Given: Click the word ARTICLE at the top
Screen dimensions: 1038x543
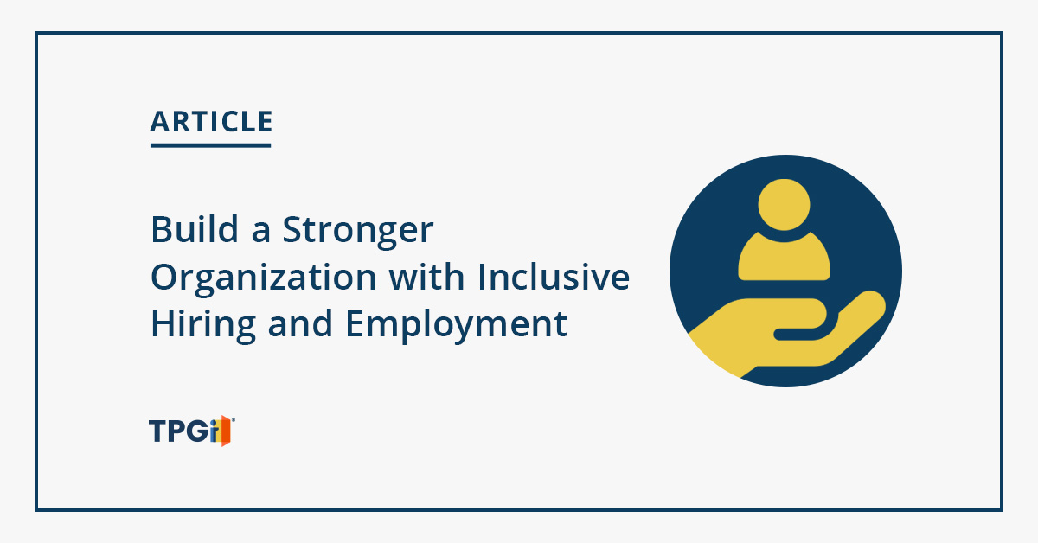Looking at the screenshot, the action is point(211,121).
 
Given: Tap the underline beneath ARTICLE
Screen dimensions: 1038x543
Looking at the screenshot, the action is point(211,145).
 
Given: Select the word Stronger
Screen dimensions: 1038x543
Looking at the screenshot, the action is point(358,231).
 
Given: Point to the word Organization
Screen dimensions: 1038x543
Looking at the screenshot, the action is point(263,279).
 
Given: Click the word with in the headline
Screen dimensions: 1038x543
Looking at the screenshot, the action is point(426,277).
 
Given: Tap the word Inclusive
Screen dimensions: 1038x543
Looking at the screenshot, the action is point(554,277).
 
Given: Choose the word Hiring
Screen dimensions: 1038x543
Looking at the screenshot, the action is point(203,326).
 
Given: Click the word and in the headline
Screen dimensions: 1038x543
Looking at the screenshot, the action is point(300,323).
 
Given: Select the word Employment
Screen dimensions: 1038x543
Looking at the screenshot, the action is point(457,326).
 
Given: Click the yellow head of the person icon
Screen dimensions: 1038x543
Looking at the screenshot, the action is point(784,204).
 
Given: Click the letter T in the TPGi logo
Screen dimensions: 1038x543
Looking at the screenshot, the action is point(158,431).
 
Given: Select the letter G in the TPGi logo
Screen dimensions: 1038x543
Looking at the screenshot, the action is point(198,431).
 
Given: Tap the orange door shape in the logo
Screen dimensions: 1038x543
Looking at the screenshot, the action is point(225,431).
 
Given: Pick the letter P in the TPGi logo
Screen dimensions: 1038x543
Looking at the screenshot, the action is point(177,431).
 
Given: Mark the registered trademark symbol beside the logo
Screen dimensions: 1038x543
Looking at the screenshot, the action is point(233,419).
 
